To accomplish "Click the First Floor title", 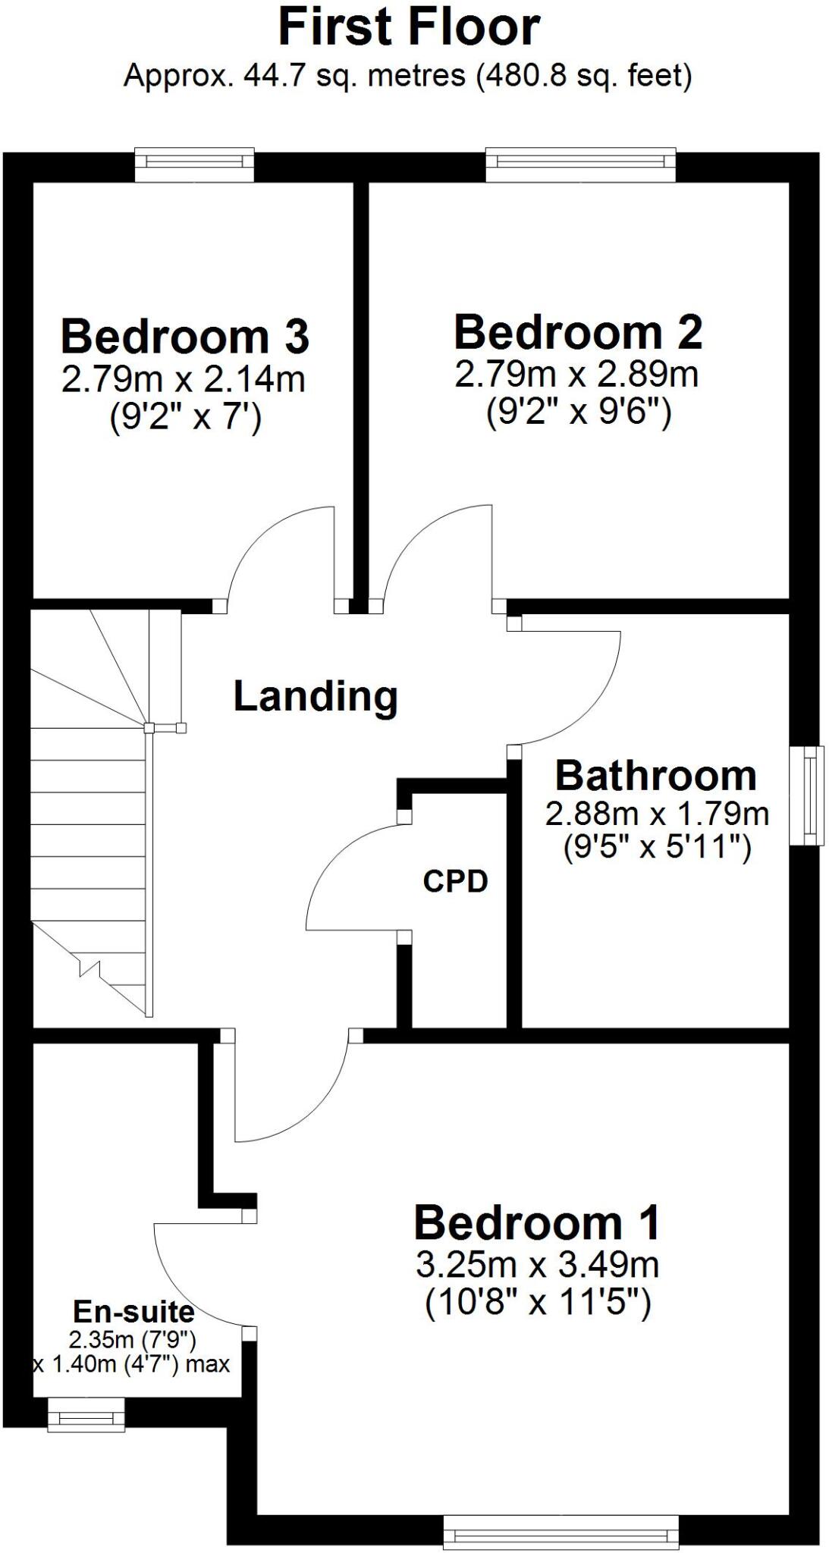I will tap(409, 27).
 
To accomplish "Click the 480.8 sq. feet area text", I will tap(584, 76).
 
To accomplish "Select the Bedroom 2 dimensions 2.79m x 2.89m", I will tap(576, 374).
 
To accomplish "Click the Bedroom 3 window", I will tap(194, 164).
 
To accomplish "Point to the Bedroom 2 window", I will tap(580, 164).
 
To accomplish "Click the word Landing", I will tap(316, 695).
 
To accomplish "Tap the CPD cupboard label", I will tap(455, 881).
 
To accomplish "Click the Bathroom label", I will tap(656, 775).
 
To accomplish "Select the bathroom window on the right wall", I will tap(807, 795).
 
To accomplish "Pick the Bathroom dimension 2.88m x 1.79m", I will tap(657, 814).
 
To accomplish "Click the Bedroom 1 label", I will tap(537, 1223).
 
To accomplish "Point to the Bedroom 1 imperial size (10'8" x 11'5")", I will tap(537, 1304).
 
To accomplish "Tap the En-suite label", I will tap(133, 1310).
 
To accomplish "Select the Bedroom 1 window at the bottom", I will tap(561, 1532).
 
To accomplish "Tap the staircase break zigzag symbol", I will tap(89, 969).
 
